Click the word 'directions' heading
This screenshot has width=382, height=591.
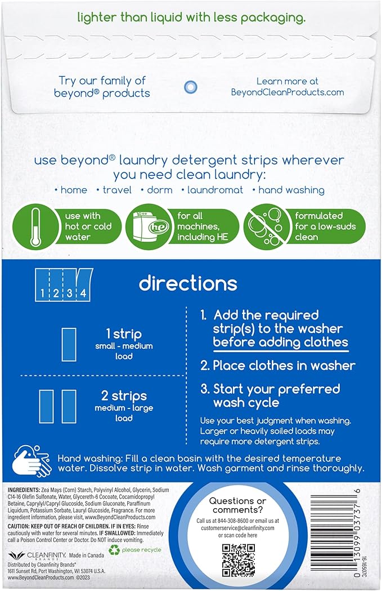[x=188, y=283]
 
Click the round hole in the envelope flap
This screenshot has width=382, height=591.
[x=191, y=86]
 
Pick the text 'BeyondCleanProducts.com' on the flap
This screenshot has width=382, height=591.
[x=287, y=92]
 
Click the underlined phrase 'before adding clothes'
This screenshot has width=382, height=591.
[x=280, y=342]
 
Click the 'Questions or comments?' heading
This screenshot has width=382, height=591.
[x=237, y=505]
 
